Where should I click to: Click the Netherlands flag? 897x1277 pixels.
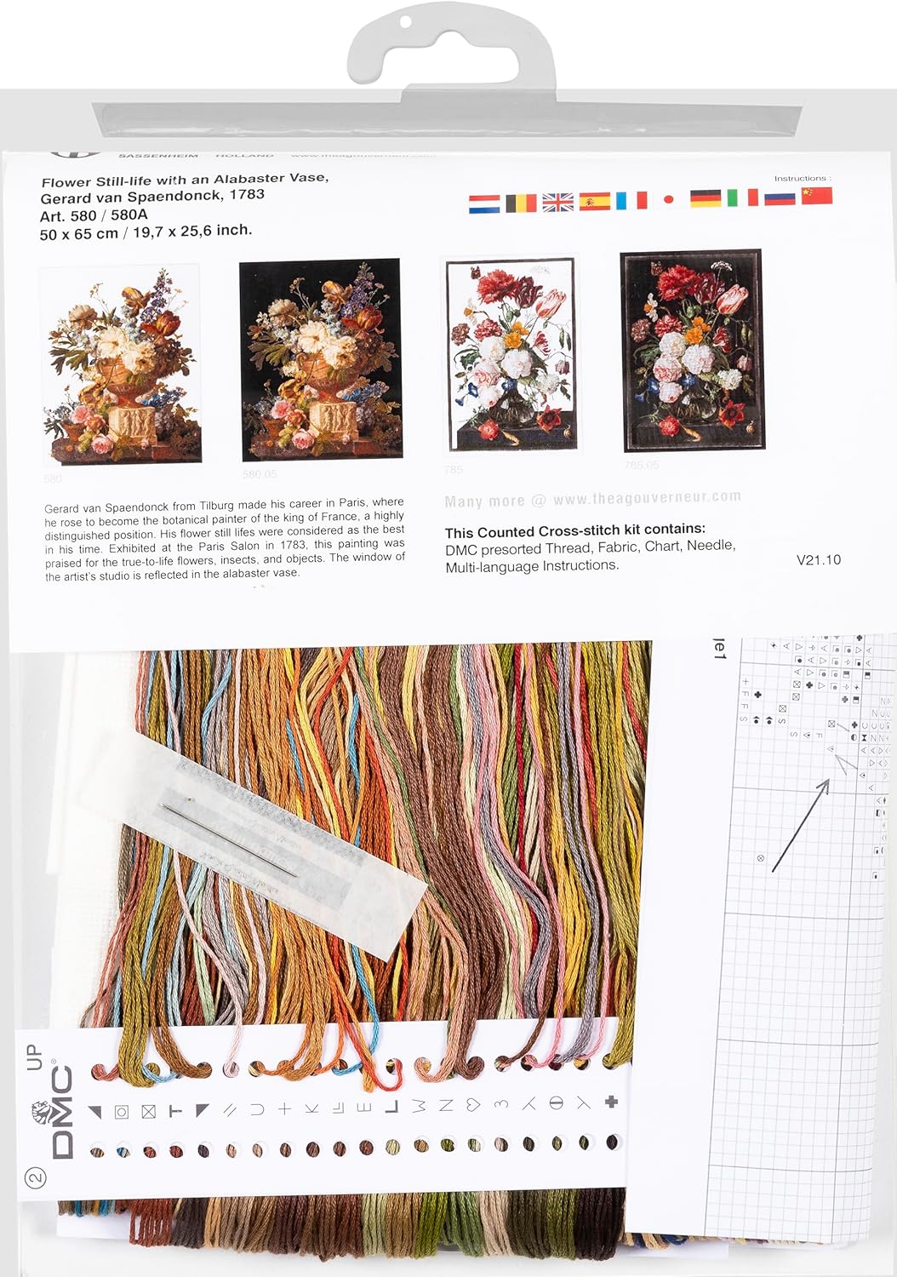tap(484, 203)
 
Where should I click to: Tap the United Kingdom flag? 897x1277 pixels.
tap(557, 202)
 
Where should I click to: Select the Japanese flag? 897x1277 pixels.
tap(668, 200)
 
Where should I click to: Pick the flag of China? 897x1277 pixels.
tap(817, 196)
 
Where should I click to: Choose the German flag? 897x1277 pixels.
tap(706, 198)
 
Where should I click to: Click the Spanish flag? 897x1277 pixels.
tap(595, 201)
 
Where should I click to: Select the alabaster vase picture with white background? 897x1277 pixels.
tap(121, 364)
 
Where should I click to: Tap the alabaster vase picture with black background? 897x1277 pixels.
tap(320, 360)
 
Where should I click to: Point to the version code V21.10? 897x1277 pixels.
tap(819, 559)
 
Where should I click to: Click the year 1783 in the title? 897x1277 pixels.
tap(247, 194)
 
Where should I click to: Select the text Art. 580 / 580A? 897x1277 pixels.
tap(94, 215)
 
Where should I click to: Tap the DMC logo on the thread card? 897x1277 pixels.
tap(62, 1113)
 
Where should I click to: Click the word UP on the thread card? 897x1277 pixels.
tap(35, 1057)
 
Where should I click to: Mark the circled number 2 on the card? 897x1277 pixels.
tap(36, 1178)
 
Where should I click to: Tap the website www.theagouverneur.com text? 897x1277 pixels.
tap(647, 498)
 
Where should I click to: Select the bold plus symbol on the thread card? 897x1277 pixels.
tap(611, 1102)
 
